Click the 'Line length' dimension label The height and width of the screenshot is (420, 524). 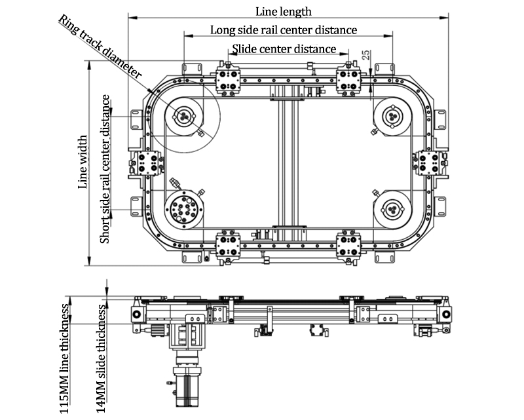click(284, 11)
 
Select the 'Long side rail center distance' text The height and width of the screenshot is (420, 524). click(284, 30)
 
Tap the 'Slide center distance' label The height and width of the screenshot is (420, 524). click(284, 49)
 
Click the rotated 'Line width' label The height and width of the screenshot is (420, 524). click(83, 162)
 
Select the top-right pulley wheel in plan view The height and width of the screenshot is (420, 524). click(393, 115)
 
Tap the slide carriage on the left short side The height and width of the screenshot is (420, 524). click(147, 162)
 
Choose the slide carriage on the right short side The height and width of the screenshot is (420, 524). click(430, 162)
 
